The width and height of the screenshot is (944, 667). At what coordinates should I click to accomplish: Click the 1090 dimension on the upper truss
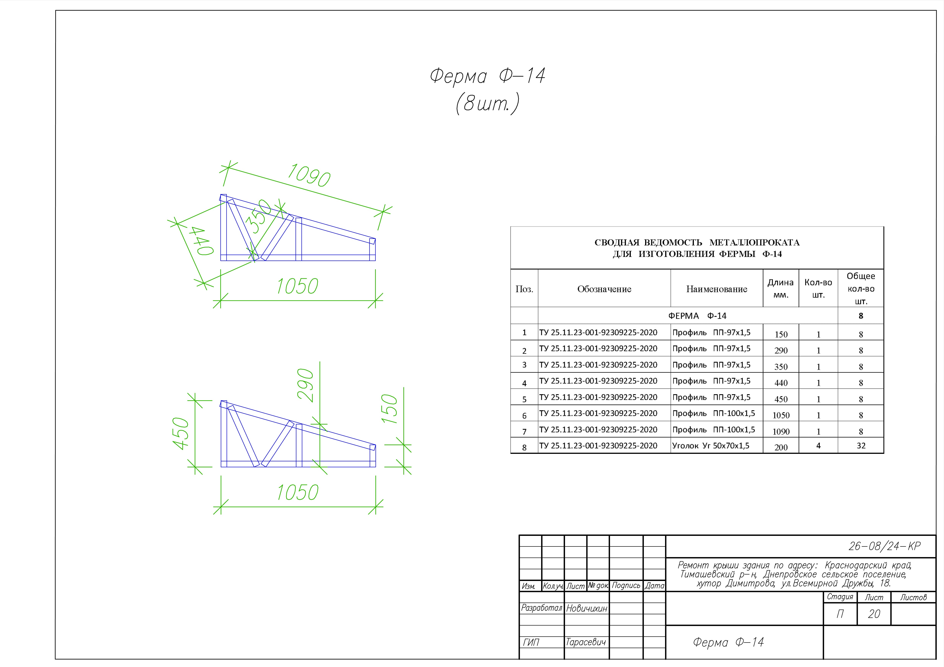tap(309, 175)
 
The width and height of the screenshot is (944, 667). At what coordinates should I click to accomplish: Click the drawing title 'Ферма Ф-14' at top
tap(488, 76)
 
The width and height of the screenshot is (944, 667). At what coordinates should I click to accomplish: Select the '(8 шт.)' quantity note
tap(488, 104)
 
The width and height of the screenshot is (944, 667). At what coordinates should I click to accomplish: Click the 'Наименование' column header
tap(717, 289)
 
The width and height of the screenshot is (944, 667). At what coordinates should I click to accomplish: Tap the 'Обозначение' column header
tap(604, 289)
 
